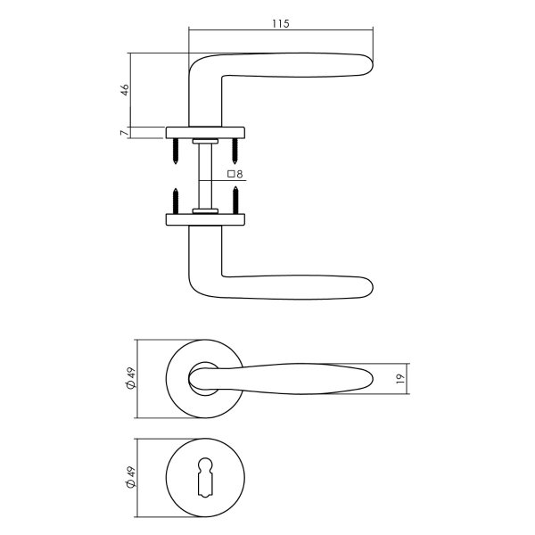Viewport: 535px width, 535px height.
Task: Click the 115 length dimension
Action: pos(280,24)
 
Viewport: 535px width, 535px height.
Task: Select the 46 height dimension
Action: pos(126,89)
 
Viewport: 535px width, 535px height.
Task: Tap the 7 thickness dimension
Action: pos(126,133)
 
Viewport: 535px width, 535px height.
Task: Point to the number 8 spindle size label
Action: pos(240,174)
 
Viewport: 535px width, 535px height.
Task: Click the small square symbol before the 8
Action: pos(231,174)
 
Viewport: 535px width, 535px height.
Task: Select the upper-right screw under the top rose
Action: pos(235,151)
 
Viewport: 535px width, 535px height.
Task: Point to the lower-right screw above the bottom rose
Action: pos(235,198)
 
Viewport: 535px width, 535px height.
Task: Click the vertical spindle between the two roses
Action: pos(206,175)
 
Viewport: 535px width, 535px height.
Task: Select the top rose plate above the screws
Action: pos(206,134)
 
